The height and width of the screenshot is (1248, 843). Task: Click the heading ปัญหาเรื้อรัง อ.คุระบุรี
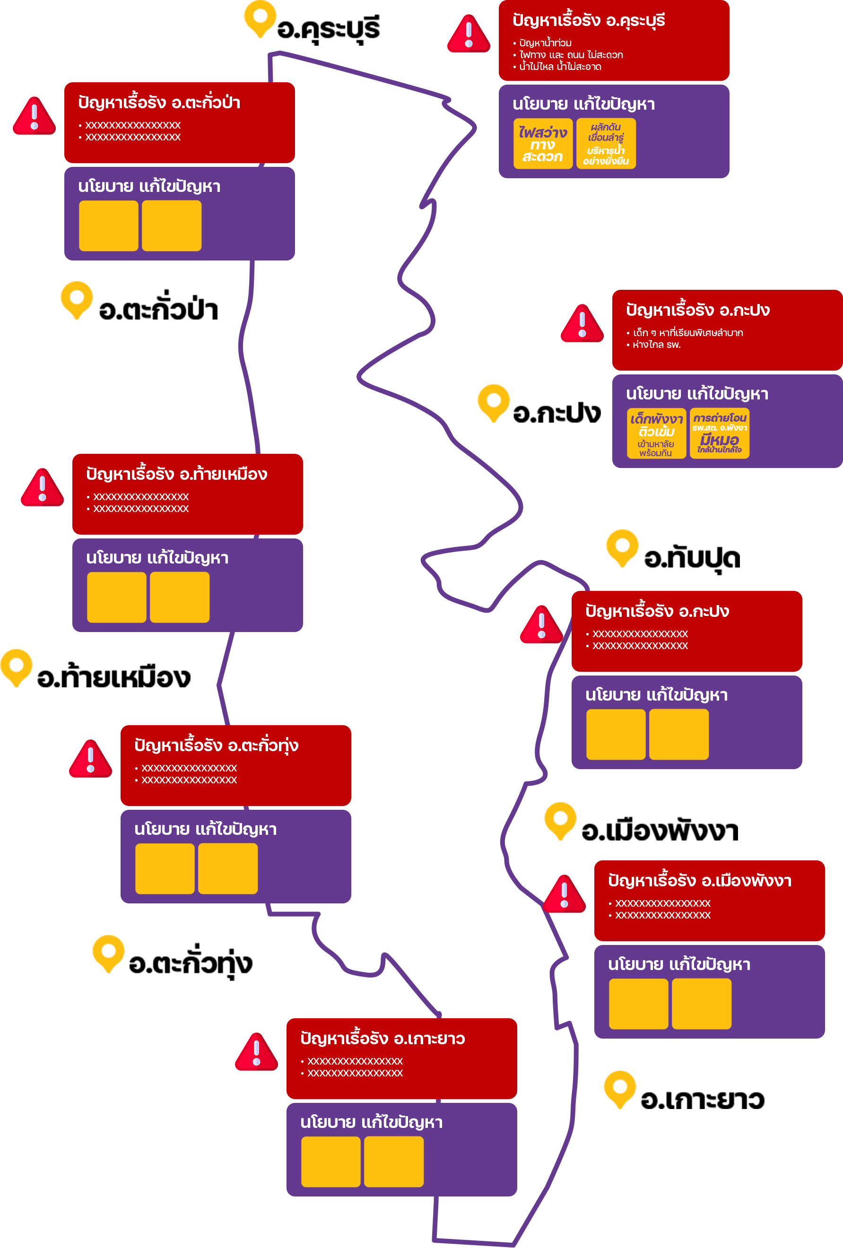click(589, 20)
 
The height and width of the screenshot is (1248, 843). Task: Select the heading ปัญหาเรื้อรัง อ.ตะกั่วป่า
click(159, 102)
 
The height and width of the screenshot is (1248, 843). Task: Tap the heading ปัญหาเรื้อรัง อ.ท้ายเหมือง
click(177, 474)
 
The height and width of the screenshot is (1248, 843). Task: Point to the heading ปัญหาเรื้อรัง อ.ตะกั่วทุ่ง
click(217, 745)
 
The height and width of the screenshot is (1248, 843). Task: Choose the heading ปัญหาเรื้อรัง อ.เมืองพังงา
click(700, 881)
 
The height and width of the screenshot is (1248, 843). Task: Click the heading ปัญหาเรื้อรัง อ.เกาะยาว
click(382, 1039)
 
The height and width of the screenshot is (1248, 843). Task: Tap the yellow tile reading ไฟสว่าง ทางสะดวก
click(543, 144)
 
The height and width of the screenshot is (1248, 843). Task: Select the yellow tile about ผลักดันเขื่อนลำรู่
click(606, 144)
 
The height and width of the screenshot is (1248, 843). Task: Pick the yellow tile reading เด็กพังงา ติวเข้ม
click(656, 434)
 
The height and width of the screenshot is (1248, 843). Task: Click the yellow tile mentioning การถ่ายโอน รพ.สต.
click(720, 434)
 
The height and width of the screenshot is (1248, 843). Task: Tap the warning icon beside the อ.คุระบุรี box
click(469, 33)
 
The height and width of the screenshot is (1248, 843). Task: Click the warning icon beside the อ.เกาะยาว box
click(256, 1051)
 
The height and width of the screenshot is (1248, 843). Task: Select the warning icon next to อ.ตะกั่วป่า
click(35, 115)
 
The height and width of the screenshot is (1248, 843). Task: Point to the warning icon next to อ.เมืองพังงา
click(564, 893)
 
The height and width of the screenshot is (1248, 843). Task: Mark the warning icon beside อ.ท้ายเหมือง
click(43, 487)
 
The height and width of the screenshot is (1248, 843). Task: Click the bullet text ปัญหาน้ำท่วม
click(545, 43)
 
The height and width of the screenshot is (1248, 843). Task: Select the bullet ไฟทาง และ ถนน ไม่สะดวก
click(571, 55)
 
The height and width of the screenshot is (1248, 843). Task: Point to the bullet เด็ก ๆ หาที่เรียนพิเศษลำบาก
click(687, 333)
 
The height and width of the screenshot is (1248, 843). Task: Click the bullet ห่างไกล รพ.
click(656, 345)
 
